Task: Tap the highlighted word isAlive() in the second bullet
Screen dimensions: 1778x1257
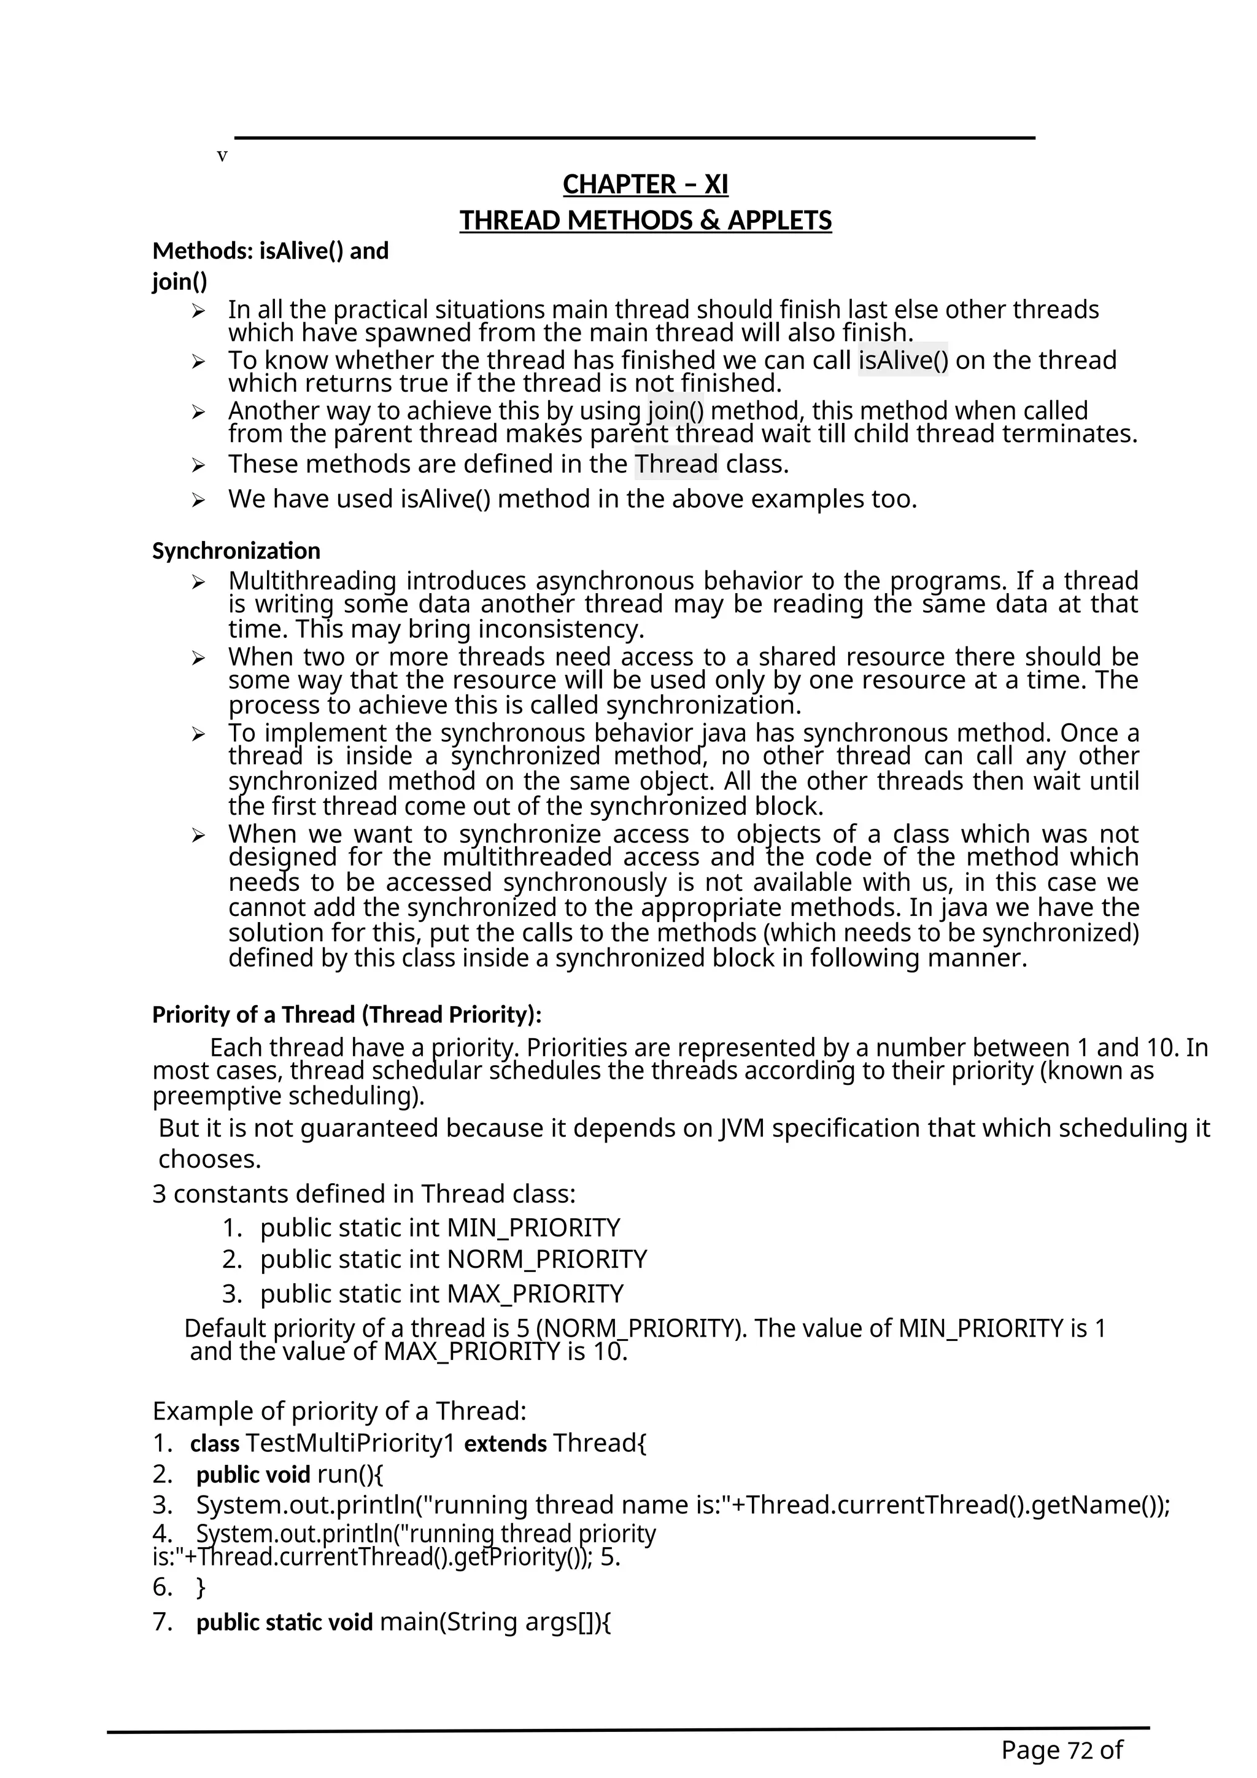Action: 902,360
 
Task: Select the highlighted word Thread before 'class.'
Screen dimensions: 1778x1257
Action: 676,464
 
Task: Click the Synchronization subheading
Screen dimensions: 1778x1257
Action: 236,551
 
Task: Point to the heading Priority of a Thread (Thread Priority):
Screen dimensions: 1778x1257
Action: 347,1014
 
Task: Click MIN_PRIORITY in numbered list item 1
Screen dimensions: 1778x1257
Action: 534,1228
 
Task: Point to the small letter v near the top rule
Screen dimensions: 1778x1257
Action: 222,157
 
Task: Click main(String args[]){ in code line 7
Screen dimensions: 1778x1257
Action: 495,1621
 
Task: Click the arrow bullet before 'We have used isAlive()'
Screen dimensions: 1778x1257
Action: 198,500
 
